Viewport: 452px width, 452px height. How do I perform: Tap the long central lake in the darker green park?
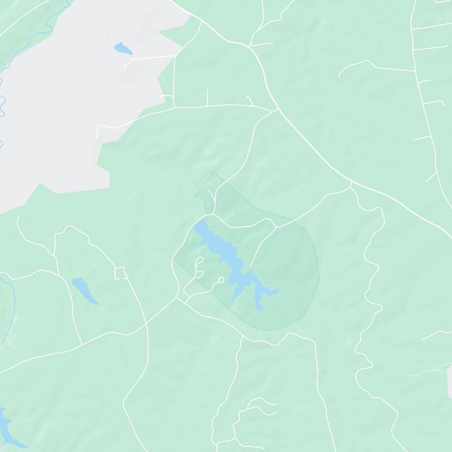tap(223, 249)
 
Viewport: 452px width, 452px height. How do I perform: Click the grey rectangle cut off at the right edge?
tap(449, 381)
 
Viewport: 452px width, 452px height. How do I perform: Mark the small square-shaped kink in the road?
tap(120, 273)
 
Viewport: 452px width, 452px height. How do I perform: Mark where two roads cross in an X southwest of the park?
tap(145, 324)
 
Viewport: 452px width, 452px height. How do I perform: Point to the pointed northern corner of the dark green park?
tap(213, 172)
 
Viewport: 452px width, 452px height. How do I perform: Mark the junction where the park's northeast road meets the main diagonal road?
tap(351, 183)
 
